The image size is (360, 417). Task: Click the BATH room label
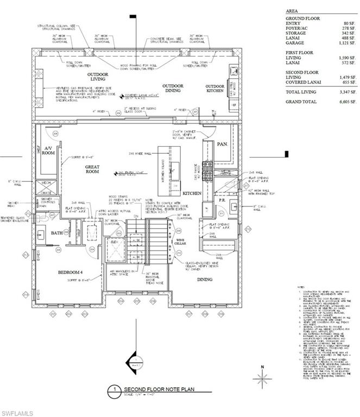(57, 233)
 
